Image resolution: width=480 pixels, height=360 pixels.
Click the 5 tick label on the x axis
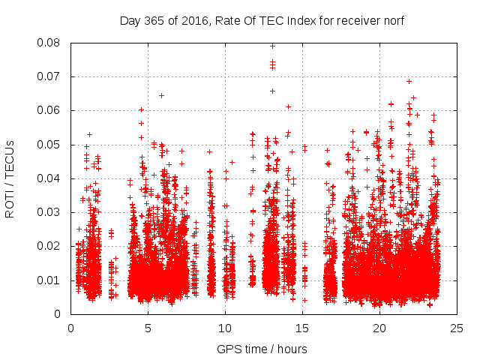click(148, 328)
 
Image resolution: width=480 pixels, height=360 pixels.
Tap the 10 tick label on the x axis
click(225, 328)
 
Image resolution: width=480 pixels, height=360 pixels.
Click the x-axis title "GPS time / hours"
click(262, 349)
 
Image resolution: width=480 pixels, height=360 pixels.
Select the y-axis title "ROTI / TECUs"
click(10, 178)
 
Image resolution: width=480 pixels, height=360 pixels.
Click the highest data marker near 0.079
click(272, 46)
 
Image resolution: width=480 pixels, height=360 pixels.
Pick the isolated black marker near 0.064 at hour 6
click(161, 95)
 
